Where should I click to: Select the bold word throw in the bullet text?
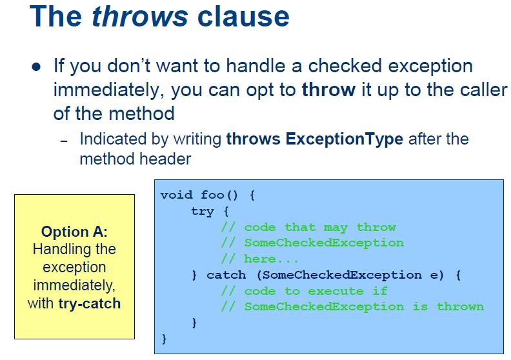pyautogui.click(x=328, y=89)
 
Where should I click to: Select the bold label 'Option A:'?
pyautogui.click(x=74, y=232)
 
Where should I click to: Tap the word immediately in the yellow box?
pyautogui.click(x=74, y=285)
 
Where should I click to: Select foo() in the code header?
pyautogui.click(x=220, y=195)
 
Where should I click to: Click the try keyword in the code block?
pyautogui.click(x=202, y=211)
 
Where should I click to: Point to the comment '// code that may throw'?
pyautogui.click(x=308, y=227)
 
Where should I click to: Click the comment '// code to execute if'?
pyautogui.click(x=304, y=290)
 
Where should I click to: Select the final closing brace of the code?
pyautogui.click(x=164, y=338)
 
